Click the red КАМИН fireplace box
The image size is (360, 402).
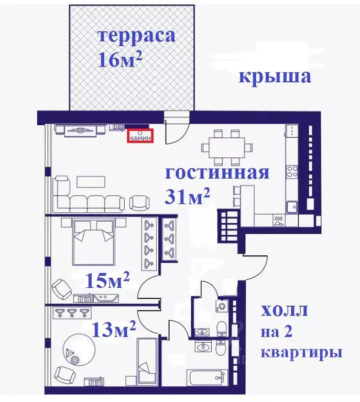click(x=141, y=135)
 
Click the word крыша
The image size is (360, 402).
click(x=275, y=77)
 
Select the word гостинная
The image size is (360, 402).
click(x=217, y=173)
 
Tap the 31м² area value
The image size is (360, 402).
click(x=188, y=197)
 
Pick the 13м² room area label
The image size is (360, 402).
click(x=114, y=330)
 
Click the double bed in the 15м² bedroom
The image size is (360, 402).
click(x=94, y=242)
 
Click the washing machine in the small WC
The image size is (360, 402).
click(x=222, y=307)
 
